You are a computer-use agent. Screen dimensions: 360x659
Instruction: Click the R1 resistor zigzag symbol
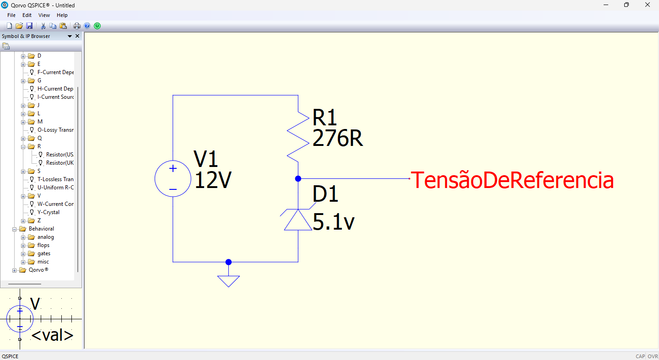[298, 136]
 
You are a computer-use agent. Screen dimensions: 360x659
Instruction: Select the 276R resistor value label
[337, 139]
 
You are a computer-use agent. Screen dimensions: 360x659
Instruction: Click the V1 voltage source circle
[173, 179]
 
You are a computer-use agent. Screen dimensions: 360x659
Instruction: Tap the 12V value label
[213, 181]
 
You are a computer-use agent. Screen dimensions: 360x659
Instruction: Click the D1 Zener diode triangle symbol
[298, 220]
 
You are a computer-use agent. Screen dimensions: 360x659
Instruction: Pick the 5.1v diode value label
[333, 223]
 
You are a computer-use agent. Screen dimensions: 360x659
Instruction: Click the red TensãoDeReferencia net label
[512, 180]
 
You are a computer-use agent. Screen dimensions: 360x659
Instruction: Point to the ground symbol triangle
[228, 281]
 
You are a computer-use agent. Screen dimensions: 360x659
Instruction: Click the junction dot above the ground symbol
[228, 262]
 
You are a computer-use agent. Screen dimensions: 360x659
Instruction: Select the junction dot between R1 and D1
[298, 178]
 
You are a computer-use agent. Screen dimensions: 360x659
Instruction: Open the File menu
[11, 15]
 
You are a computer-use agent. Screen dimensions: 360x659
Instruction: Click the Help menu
[62, 15]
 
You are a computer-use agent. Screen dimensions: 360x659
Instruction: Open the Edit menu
[27, 15]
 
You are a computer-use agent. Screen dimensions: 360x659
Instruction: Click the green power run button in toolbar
[97, 26]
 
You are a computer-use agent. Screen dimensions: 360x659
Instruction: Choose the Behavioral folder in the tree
[41, 229]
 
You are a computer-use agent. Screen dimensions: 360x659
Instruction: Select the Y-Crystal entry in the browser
[48, 212]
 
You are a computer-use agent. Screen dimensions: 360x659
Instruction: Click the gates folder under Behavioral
[44, 253]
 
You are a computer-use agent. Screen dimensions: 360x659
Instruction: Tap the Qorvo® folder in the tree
[38, 270]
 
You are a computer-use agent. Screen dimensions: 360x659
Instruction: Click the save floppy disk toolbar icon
[29, 26]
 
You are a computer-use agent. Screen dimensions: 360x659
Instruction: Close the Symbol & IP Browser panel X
[77, 36]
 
